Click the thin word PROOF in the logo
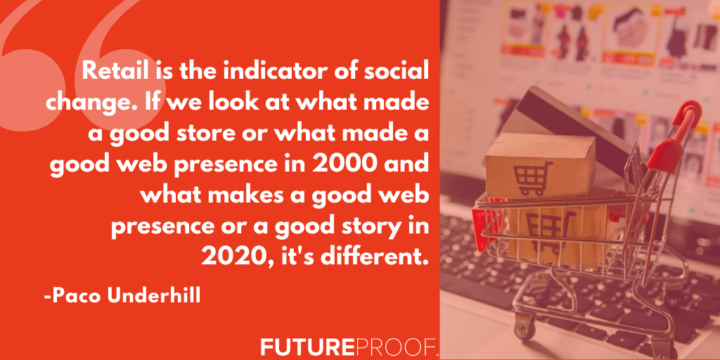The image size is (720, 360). pos(395,347)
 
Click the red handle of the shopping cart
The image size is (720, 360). pos(677,133)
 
